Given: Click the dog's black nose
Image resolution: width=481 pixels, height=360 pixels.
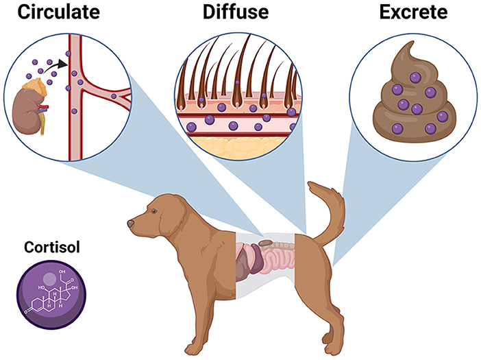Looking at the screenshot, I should coord(129,224).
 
